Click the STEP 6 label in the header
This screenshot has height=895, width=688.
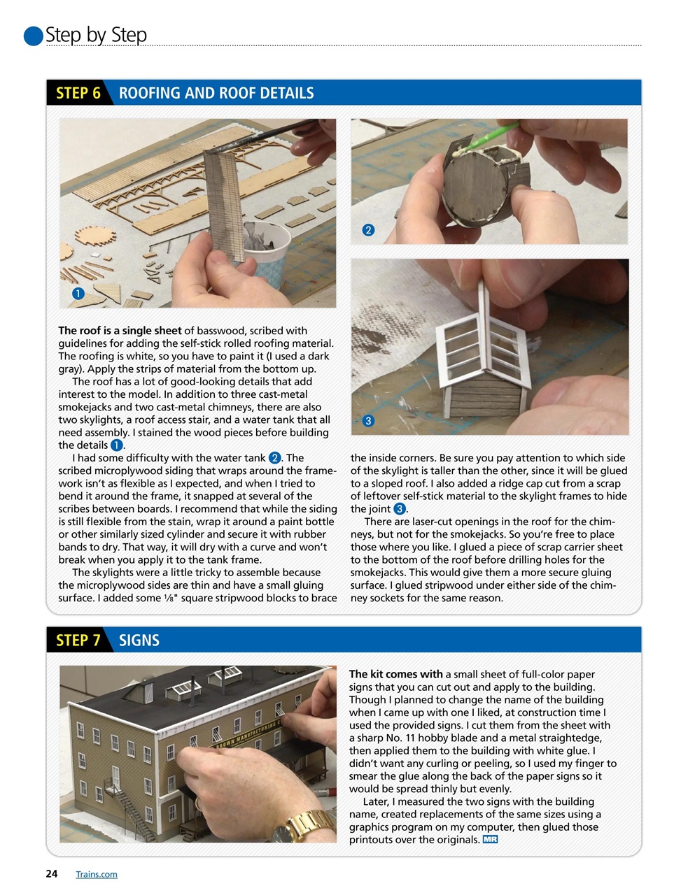coord(78,93)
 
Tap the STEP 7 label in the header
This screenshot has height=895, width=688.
coord(78,640)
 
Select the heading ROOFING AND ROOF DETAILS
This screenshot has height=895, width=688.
coord(216,93)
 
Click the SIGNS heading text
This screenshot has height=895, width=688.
coord(139,640)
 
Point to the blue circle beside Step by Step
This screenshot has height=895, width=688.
coord(33,36)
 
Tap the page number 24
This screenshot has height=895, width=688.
coord(51,873)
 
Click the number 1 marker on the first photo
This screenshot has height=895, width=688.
coord(78,294)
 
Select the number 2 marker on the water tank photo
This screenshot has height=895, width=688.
coord(368,229)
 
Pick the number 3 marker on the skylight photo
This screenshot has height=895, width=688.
coord(368,420)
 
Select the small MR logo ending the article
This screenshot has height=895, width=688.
coord(490,839)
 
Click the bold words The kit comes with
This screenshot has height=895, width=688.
coord(395,674)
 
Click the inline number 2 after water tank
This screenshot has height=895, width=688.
coord(275,458)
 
